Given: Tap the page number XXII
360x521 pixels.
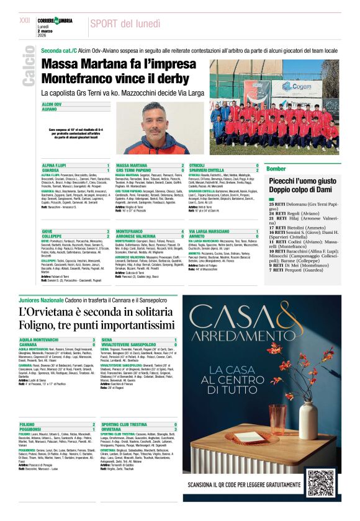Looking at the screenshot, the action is point(25,20).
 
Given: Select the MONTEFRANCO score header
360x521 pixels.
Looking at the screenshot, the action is point(130,231).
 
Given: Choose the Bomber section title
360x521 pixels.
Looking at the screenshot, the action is point(276,169).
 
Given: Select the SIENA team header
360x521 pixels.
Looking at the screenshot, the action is point(107,340).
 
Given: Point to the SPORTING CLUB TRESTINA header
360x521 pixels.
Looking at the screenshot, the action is point(125,424).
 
